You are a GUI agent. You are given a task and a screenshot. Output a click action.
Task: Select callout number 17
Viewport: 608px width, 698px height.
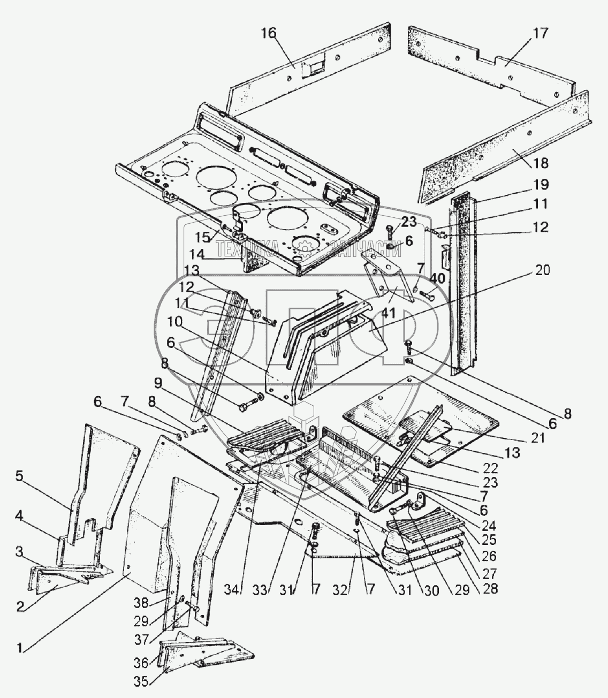coord(540,34)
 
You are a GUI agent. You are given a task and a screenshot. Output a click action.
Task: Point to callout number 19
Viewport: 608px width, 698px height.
coord(541,185)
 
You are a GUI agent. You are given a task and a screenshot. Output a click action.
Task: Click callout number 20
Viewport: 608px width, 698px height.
coord(542,270)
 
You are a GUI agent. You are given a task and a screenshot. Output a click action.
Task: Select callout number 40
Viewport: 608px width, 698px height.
coord(438,279)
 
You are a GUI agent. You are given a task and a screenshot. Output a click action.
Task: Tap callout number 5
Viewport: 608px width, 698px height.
coord(20,476)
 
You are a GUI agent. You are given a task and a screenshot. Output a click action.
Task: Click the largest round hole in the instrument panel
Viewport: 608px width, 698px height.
coord(291,219)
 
